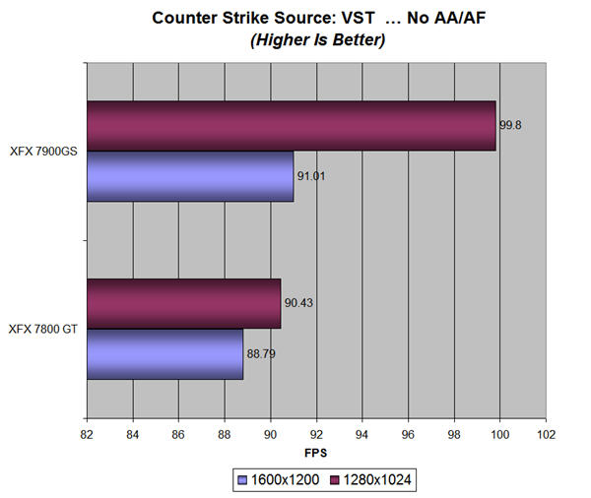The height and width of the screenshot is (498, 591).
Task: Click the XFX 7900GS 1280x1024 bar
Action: coord(292,126)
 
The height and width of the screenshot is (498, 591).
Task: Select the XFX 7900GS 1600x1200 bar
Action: coord(190,176)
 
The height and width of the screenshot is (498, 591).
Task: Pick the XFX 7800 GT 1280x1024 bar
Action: coord(184,303)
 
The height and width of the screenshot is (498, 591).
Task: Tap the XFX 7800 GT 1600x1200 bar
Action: coord(165,354)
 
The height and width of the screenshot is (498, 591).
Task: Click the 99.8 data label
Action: coord(510,125)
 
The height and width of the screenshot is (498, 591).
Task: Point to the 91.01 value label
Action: coord(311,176)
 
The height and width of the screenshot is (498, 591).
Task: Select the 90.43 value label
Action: coord(298,303)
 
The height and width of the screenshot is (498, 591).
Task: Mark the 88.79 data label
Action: coord(261,354)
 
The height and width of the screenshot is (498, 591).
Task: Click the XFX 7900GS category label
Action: coord(43,152)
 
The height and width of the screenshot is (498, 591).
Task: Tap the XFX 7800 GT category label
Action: coord(43,330)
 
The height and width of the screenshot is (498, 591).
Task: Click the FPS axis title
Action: coord(316,453)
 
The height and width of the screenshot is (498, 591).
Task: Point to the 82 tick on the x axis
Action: coord(87,435)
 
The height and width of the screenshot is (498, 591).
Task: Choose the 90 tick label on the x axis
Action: coord(270,435)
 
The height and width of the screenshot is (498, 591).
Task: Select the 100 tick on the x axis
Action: coord(499,435)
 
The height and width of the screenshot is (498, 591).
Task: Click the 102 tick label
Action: coord(546,435)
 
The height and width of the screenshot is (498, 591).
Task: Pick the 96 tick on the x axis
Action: coord(408,435)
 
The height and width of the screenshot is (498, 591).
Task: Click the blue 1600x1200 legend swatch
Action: coord(242,480)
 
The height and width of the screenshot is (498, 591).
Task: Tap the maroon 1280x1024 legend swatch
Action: coord(334,480)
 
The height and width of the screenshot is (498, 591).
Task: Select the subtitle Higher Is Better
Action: coord(318,40)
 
